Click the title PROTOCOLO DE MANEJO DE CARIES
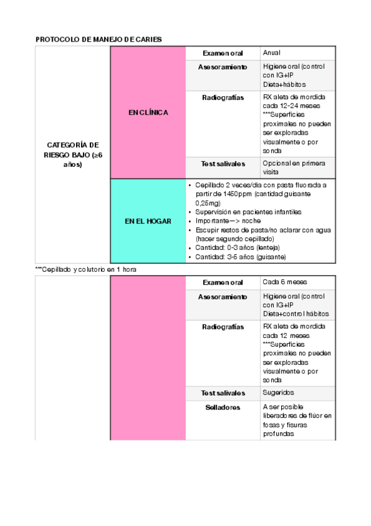coord(99,40)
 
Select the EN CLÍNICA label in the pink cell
coord(148,113)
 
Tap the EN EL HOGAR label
coord(148,221)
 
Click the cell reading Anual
coord(271,53)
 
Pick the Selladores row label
coord(222,408)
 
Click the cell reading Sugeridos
coord(278,393)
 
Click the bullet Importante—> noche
coord(228,221)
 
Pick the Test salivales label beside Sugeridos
coord(222,393)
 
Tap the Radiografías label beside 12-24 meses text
coord(222,97)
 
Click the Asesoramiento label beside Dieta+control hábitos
coord(222,296)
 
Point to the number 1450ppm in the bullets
coord(239,194)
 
